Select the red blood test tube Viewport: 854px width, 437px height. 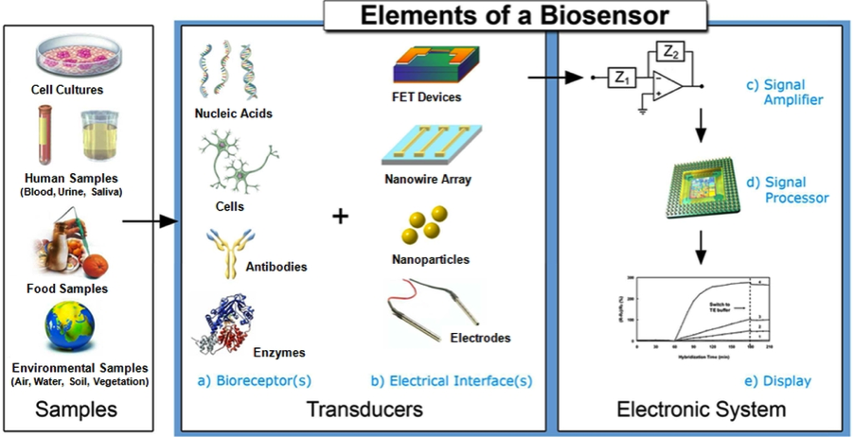(44, 132)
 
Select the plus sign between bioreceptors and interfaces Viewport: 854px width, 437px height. (341, 217)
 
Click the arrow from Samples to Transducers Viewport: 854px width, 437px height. (151, 222)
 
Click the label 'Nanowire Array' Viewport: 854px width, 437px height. (428, 179)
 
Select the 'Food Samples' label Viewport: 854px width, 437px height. (68, 288)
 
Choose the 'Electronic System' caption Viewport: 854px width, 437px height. (701, 410)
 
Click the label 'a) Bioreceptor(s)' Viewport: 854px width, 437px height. (251, 381)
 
